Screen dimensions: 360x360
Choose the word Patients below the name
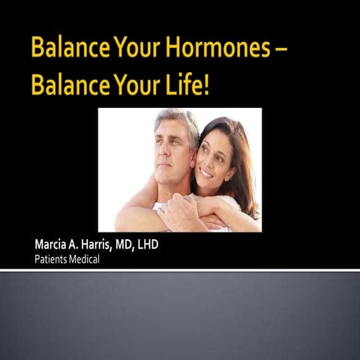pos(52,259)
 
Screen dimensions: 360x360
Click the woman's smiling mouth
pos(205,172)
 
